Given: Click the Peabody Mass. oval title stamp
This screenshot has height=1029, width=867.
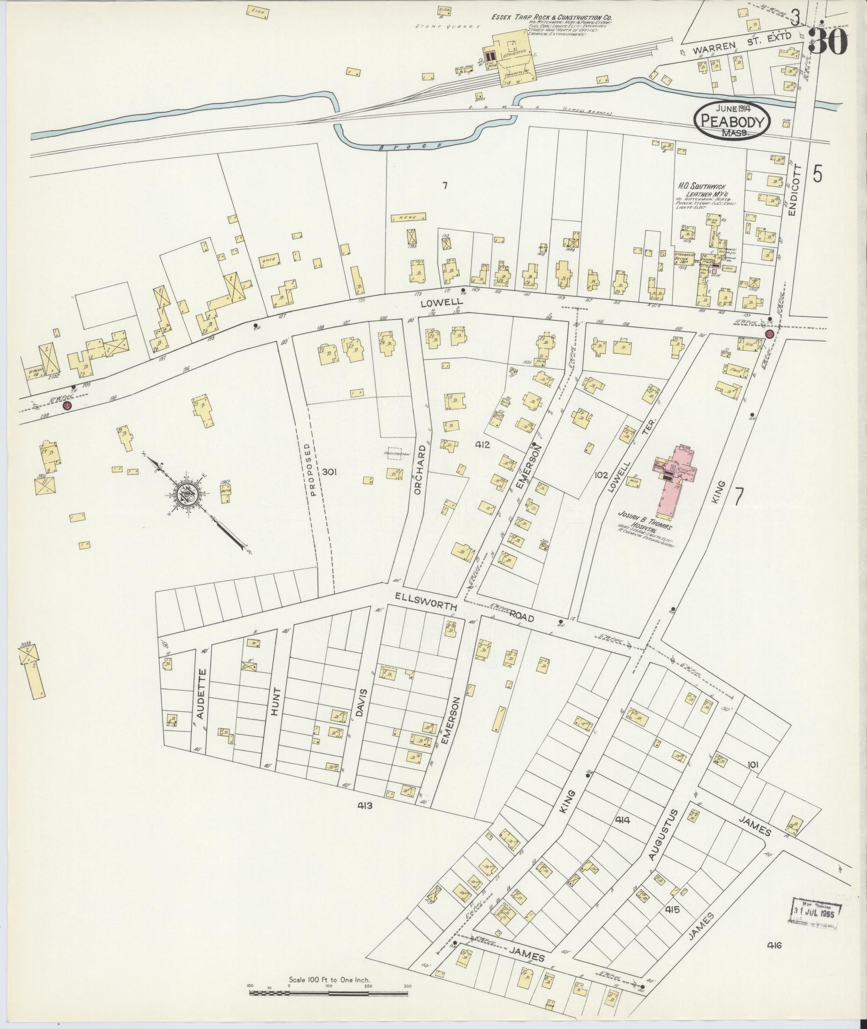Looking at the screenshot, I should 732,120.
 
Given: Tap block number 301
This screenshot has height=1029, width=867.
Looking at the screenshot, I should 329,472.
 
